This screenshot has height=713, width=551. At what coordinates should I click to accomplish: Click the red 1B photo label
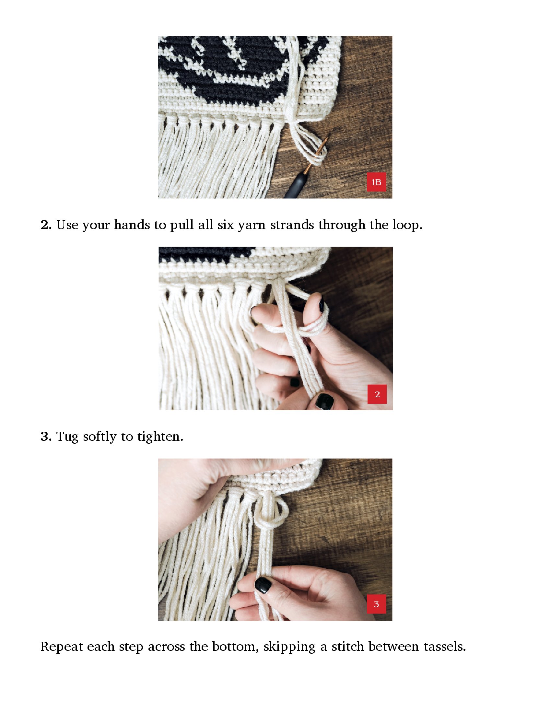click(x=376, y=182)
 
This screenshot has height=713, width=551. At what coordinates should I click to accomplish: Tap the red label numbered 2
click(x=377, y=394)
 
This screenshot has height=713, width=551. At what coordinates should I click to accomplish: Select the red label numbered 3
click(x=376, y=604)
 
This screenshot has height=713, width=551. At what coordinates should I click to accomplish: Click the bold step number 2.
click(x=46, y=225)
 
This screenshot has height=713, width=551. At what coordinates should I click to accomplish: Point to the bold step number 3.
click(x=46, y=437)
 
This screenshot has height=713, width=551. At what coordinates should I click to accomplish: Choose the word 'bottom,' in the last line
click(x=236, y=647)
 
